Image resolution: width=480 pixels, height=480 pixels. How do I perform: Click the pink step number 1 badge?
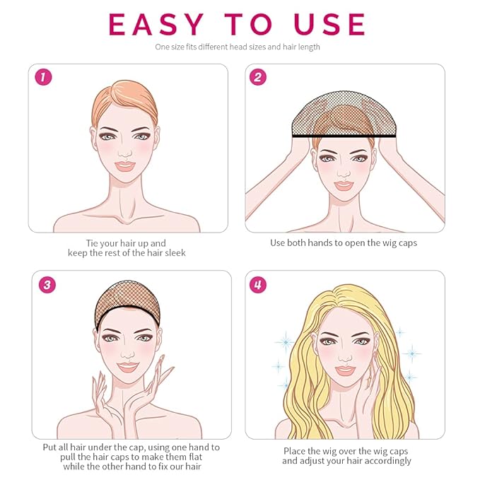click(x=43, y=77)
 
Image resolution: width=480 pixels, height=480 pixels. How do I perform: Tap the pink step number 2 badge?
click(x=258, y=77)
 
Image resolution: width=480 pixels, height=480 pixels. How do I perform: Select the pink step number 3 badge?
click(x=47, y=285)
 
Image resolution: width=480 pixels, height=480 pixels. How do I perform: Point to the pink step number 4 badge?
click(x=258, y=285)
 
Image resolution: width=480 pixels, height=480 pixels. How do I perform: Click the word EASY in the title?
click(x=156, y=24)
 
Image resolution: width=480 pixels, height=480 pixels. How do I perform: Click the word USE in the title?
click(x=329, y=24)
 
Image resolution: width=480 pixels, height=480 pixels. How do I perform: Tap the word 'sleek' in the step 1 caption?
click(x=175, y=253)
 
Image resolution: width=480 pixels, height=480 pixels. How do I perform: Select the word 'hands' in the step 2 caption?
click(x=320, y=242)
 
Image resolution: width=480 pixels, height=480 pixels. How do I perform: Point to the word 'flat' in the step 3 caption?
click(x=195, y=457)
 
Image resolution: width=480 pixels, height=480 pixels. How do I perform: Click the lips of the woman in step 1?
click(x=125, y=166)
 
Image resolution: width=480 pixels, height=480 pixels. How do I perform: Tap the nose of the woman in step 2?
click(x=344, y=174)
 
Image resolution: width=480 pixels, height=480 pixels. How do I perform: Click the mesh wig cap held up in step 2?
click(x=344, y=114)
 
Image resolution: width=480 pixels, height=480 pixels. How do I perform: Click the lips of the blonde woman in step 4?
click(x=345, y=370)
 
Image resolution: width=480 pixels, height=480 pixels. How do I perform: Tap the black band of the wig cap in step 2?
click(x=344, y=135)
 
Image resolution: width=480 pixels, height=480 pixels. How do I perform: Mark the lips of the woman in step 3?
click(x=128, y=368)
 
